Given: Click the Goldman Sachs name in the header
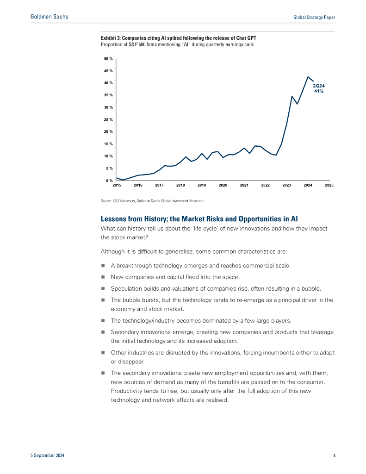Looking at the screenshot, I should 49,17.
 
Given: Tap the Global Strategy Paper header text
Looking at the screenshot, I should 314,17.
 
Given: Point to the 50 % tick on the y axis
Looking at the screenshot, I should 108,59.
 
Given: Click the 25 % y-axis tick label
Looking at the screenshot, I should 108,119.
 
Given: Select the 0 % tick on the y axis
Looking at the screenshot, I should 109,181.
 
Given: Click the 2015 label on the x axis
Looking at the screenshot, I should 117,185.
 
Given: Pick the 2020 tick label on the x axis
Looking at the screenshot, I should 223,185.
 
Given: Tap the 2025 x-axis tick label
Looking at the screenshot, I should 329,185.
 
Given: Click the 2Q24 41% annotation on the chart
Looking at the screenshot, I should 318,88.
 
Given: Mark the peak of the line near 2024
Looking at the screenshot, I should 308,77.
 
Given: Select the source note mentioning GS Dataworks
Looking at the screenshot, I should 152,201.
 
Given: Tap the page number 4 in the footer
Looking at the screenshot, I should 334,456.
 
